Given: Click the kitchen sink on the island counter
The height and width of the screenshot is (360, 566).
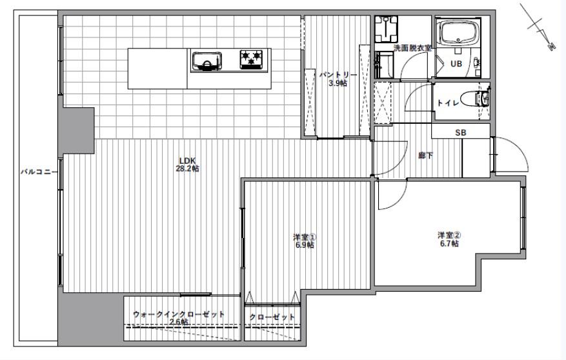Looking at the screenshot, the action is pos(207,61).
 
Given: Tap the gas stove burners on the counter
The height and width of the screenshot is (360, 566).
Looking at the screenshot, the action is pos(251,59).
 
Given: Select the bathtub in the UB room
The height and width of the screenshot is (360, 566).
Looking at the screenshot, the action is pos(458,32).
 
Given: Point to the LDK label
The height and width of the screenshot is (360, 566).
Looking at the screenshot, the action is pos(187,161).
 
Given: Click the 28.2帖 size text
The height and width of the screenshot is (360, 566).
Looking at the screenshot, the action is pos(187,168).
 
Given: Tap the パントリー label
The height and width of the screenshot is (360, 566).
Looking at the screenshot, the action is pos(338,75).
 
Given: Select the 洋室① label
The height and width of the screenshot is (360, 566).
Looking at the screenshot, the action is pos(305,237).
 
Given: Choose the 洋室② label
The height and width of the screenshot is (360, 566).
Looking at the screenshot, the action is pos(449,235).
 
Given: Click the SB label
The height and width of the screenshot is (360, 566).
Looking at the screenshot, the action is pos(461,133).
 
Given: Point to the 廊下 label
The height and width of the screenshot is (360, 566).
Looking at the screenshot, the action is pos(426,155).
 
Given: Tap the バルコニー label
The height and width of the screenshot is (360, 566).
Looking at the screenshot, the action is pos(38,172).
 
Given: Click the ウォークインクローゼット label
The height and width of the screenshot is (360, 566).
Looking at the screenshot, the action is pos(179,314).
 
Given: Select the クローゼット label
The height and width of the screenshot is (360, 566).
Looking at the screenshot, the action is pos(272,317).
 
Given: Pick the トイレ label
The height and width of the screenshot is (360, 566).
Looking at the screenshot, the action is pos(448,103).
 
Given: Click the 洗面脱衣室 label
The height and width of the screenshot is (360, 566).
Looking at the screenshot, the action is pos(412,48).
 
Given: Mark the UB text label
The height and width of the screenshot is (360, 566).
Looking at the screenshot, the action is pos(456,64).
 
